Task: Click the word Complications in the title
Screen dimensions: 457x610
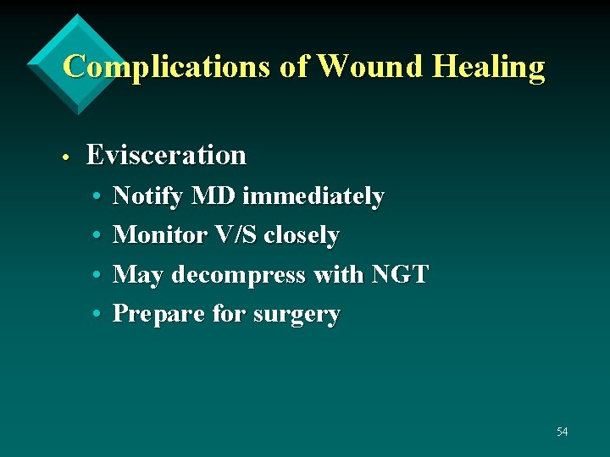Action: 169,66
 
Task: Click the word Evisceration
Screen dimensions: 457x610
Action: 166,155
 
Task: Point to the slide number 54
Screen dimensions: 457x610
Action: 562,432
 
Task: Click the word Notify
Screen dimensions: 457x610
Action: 148,197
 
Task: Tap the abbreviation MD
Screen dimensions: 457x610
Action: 214,196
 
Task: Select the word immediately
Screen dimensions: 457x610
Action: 313,197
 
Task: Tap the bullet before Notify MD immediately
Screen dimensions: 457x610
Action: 97,197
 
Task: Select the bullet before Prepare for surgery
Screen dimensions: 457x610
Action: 97,314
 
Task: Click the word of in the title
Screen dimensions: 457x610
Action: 293,66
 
